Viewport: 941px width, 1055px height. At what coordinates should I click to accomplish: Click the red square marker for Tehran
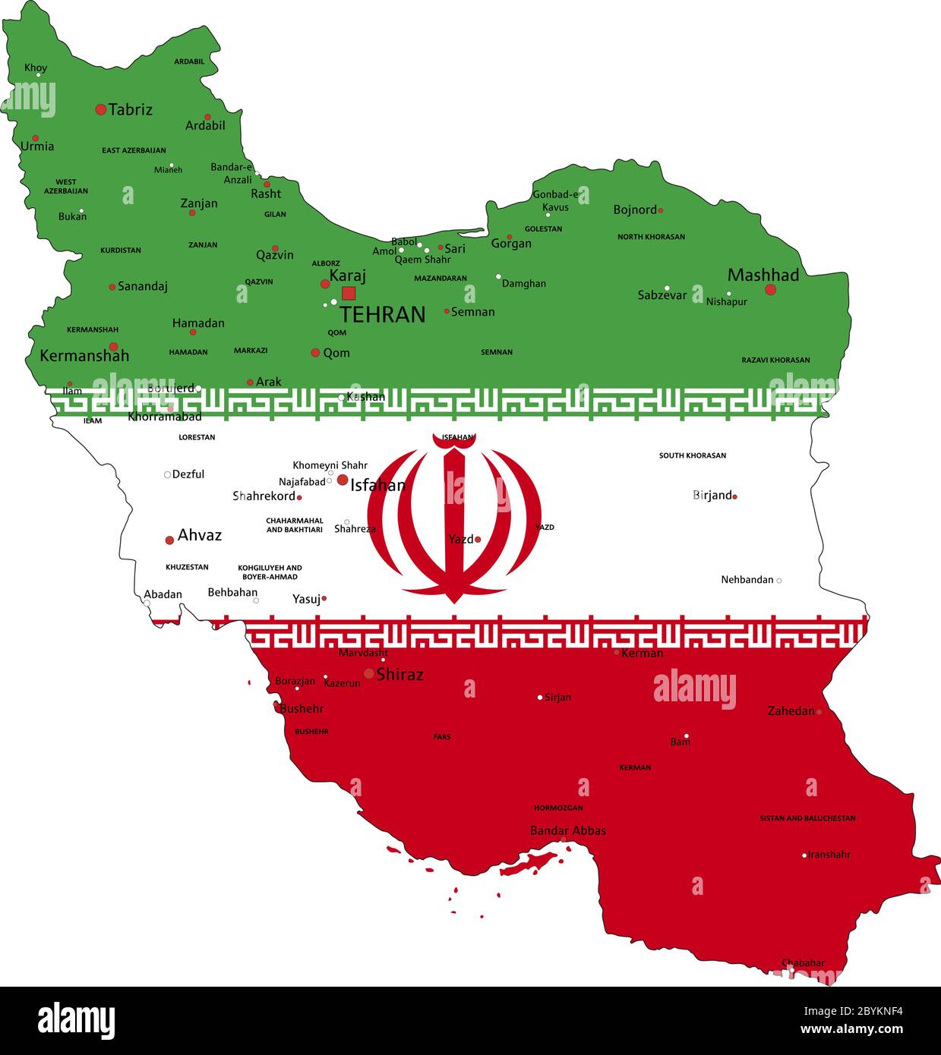point(349,293)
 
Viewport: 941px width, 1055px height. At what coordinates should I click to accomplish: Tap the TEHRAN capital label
point(382,315)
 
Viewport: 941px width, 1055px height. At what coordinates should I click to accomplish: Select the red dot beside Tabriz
point(100,109)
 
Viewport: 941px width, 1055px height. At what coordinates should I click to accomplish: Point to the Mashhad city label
point(763,275)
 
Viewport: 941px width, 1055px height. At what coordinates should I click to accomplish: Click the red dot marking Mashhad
point(770,289)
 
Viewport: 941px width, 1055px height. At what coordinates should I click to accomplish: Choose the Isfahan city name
point(377,485)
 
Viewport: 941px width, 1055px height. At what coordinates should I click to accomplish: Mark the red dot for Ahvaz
point(169,540)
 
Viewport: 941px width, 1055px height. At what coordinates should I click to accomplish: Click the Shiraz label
point(399,674)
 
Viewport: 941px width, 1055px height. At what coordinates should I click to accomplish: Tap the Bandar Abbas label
point(568,830)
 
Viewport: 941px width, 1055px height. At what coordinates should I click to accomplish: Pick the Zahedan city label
point(791,711)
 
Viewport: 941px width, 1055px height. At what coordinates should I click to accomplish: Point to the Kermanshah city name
point(84,355)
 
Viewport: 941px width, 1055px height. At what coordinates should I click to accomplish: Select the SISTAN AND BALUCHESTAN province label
point(807,818)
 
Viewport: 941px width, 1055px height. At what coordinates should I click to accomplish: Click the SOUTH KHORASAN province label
point(692,455)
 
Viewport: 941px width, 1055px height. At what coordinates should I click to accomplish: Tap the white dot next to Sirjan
point(540,698)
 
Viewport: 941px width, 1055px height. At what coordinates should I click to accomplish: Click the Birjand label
point(712,496)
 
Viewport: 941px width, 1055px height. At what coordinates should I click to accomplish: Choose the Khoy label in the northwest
point(36,68)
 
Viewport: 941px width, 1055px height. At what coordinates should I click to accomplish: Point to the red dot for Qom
point(315,352)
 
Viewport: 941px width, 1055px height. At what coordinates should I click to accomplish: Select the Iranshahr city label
point(829,855)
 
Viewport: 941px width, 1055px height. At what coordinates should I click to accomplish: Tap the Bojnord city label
point(634,209)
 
